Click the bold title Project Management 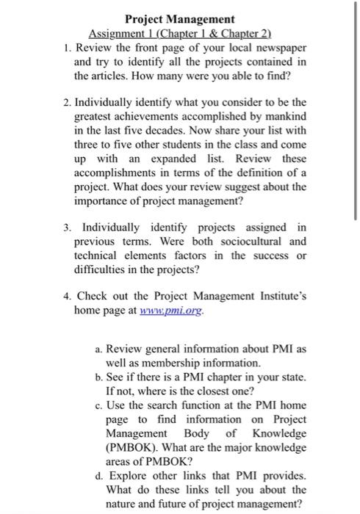click(x=180, y=19)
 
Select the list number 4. click(x=66, y=297)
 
